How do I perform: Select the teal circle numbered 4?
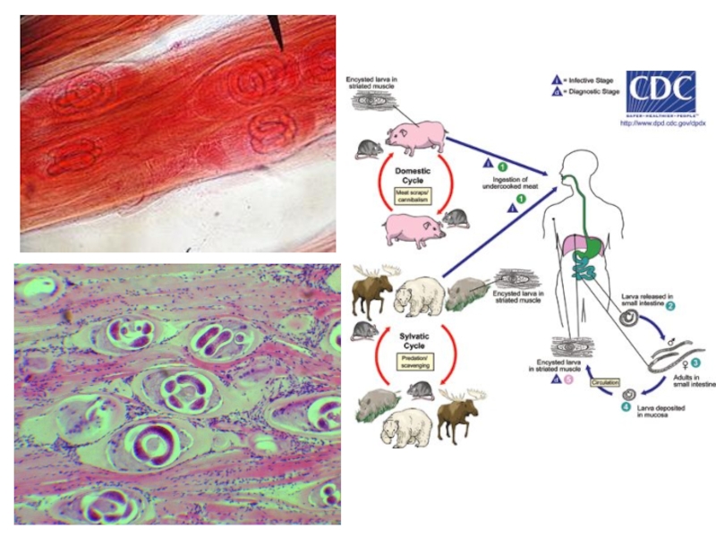tap(626, 408)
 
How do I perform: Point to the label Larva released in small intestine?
tap(647, 299)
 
